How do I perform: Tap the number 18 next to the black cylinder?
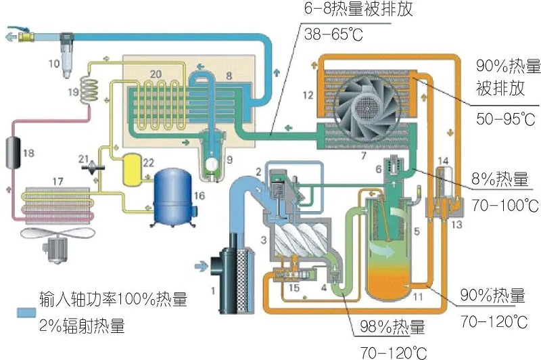pyautogui.click(x=28, y=154)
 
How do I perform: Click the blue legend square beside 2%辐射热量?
pyautogui.click(x=24, y=313)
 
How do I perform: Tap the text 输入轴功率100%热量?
pyautogui.click(x=112, y=298)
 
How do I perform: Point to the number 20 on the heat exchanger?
pyautogui.click(x=154, y=73)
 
